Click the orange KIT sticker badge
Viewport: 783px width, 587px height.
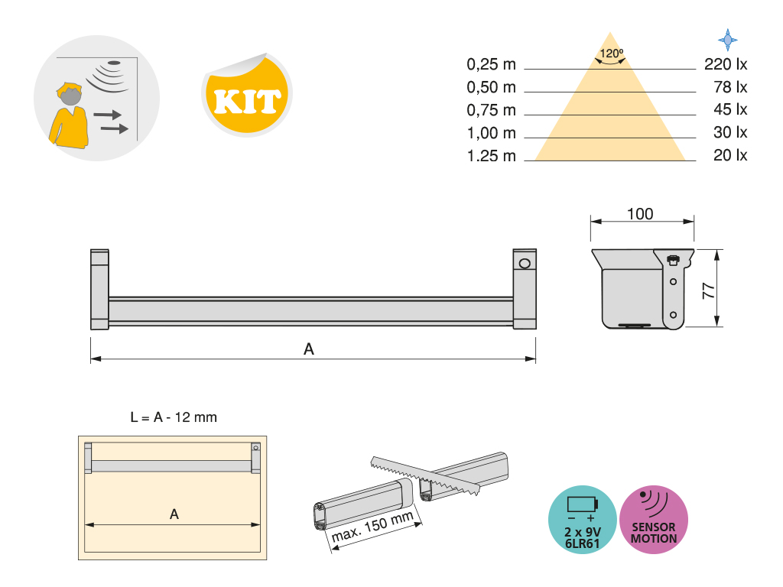tap(247, 95)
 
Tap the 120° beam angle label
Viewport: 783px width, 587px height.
tap(611, 54)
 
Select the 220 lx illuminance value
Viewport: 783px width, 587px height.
tap(726, 64)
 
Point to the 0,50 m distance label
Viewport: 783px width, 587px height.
tap(491, 87)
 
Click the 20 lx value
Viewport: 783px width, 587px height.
tap(730, 155)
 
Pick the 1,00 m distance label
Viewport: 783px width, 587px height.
tap(491, 133)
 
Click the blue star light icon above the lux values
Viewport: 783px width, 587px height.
tap(728, 40)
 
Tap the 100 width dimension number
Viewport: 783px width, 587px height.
tap(640, 214)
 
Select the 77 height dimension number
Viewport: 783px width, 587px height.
tap(709, 290)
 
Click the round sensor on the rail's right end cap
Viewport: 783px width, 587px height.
tap(525, 263)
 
